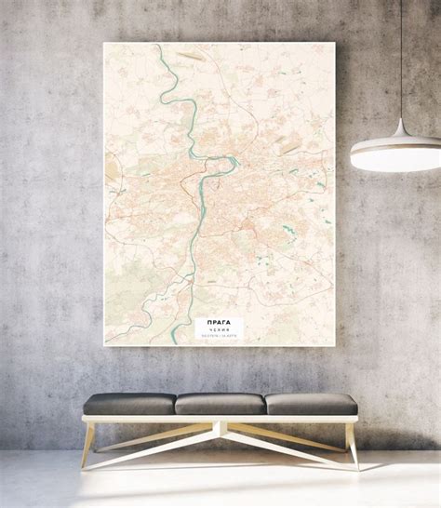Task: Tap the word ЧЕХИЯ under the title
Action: (218, 328)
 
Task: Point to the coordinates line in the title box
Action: (218, 334)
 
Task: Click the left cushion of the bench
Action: (127, 403)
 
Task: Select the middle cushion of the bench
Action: (220, 403)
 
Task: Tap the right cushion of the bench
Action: (311, 403)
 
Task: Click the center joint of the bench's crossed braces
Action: (220, 430)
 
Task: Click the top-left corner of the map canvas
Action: (104, 43)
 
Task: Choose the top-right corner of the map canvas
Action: (334, 43)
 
